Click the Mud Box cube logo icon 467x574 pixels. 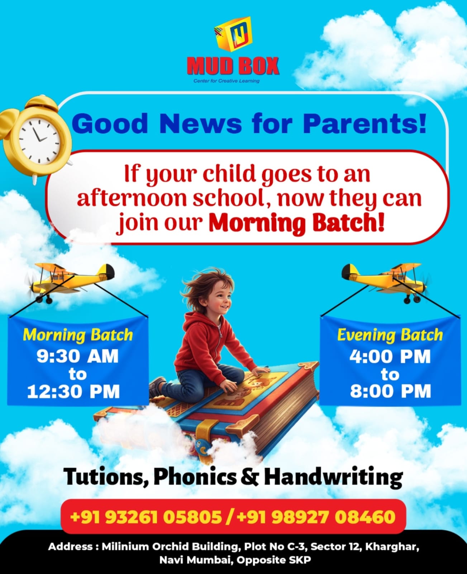click(233, 34)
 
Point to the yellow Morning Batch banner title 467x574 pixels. click(78, 335)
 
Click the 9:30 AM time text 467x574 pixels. click(78, 356)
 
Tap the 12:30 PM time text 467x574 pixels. click(73, 391)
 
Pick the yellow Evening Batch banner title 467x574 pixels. click(390, 335)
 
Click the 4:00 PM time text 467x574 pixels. click(390, 357)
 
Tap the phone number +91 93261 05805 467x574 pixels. click(146, 517)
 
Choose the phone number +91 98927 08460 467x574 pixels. click(316, 517)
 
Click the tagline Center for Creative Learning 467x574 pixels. click(227, 81)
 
